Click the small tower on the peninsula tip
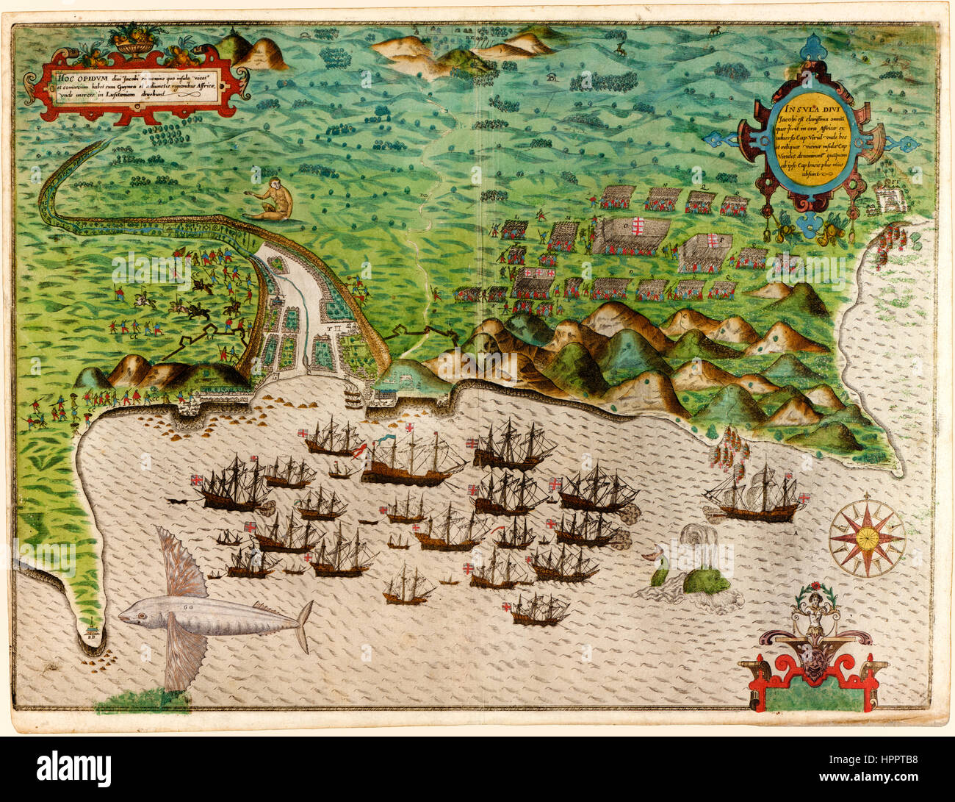coord(90,629)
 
